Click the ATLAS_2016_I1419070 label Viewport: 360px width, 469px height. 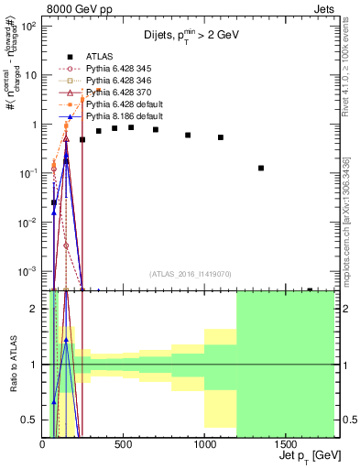coord(189,274)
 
